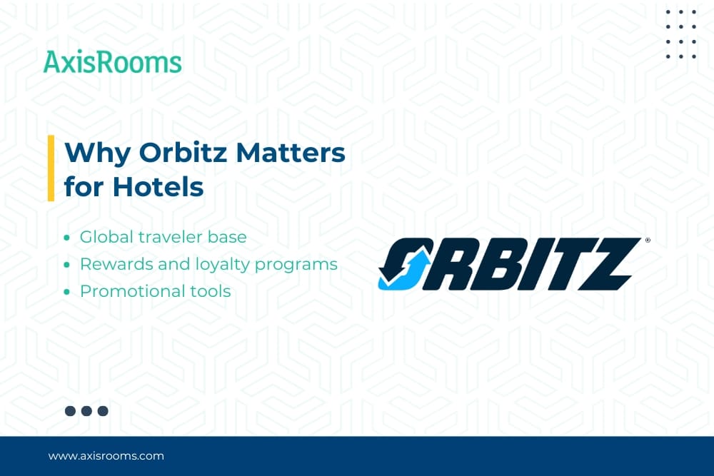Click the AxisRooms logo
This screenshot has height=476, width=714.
click(x=112, y=62)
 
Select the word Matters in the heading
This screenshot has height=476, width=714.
click(x=291, y=152)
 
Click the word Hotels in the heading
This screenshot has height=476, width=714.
click(x=158, y=186)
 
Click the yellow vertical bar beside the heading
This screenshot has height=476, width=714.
click(x=51, y=168)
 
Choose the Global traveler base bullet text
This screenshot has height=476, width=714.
click(x=163, y=237)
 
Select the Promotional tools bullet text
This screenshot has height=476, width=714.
click(x=155, y=291)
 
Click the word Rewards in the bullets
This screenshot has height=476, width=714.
click(x=116, y=264)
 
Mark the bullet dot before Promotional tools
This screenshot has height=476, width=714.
click(x=67, y=292)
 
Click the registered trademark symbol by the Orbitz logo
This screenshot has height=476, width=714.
click(x=648, y=240)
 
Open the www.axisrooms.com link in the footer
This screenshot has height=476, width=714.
click(x=106, y=456)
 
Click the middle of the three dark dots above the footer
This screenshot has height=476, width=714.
click(x=86, y=411)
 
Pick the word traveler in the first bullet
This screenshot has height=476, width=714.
click(x=171, y=237)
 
